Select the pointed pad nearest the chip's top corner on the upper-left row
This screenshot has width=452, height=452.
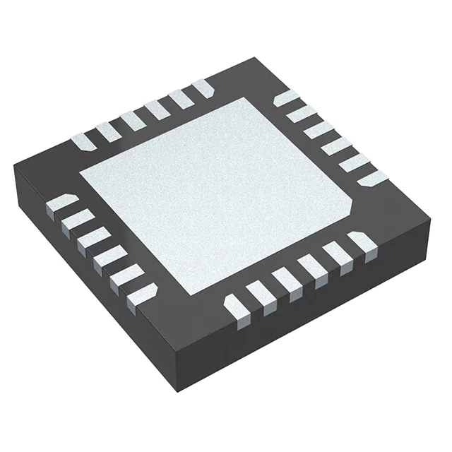202,89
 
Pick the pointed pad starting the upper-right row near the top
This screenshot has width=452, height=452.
285,97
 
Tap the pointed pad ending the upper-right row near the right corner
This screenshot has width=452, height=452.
367,179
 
